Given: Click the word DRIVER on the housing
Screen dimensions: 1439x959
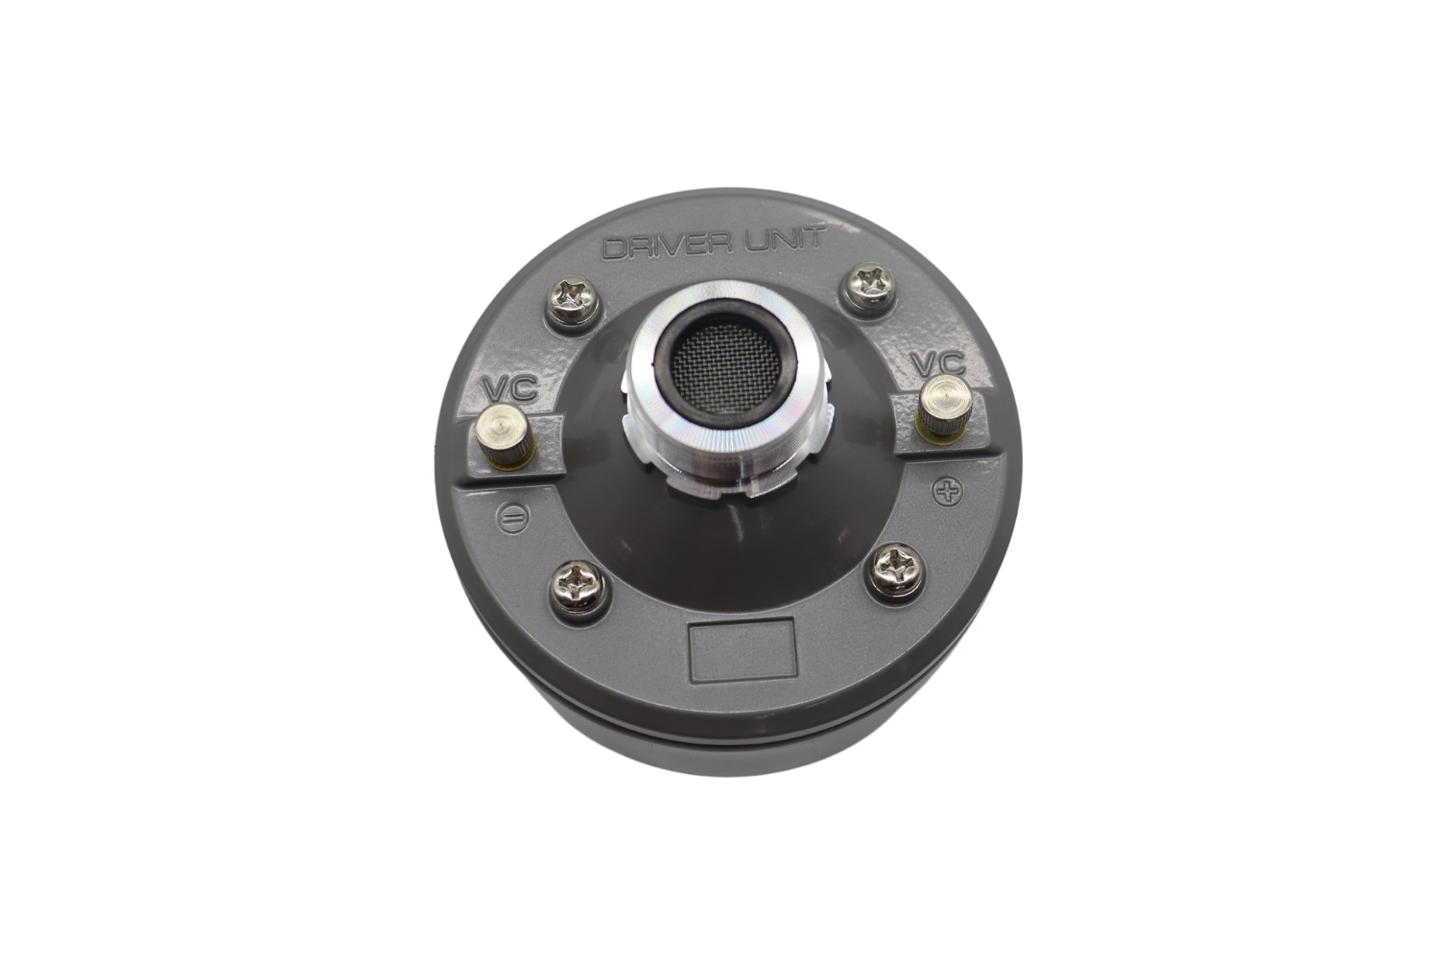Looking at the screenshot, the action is pyautogui.click(x=664, y=247).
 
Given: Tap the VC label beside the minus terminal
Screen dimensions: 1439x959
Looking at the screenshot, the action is pyautogui.click(x=510, y=388).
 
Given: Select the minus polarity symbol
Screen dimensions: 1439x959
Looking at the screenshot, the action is pyautogui.click(x=513, y=517).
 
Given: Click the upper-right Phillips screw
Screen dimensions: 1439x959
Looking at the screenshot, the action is pyautogui.click(x=867, y=287).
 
